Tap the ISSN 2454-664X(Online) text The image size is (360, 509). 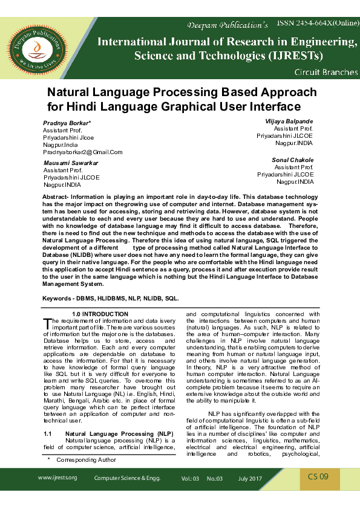pos(318,22)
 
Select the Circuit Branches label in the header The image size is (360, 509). pos(326,73)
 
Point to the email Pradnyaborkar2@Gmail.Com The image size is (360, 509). pos(82,152)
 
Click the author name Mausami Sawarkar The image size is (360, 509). pos(71,163)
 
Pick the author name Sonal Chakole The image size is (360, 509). pos(293,160)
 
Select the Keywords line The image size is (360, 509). pos(111,299)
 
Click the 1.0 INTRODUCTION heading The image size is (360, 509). pos(100,314)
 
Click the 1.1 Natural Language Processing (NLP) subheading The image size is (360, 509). pos(109,434)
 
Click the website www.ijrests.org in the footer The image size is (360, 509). pos(57,478)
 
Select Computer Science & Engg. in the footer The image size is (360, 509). pos(127,478)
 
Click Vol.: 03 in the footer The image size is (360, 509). pos(190,478)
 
